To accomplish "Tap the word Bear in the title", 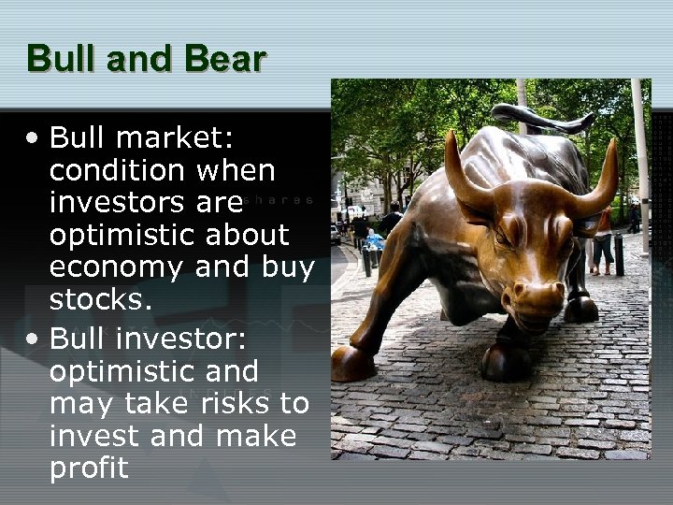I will coord(225,58).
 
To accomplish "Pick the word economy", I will coord(117,267).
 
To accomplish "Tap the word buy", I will coord(288,267).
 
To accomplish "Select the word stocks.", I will coord(98,300).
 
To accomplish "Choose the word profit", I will coord(89,468).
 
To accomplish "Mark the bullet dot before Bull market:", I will coord(34,139).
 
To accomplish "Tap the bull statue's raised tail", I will coord(542,118).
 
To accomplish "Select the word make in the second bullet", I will coord(256,436).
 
